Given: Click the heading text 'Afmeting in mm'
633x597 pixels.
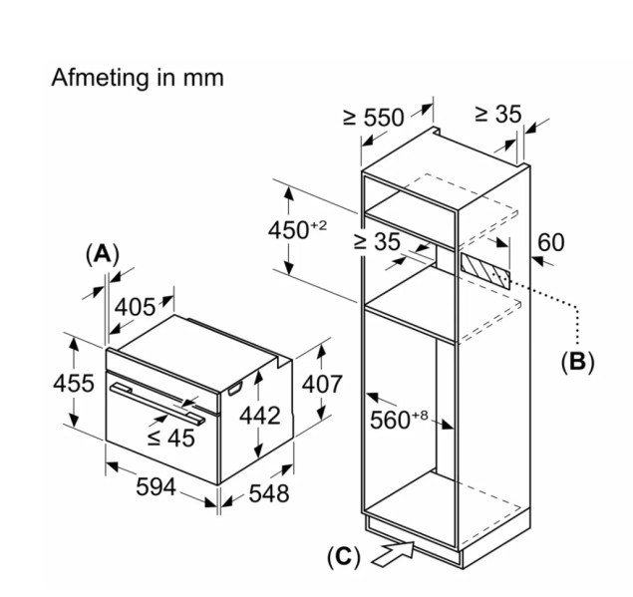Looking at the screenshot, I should point(138,78).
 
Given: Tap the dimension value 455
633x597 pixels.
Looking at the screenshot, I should point(74,383).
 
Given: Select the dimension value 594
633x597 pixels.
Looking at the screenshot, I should point(156,487).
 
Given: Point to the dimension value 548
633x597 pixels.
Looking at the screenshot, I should point(267,492).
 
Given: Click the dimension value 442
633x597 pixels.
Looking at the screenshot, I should point(260,416).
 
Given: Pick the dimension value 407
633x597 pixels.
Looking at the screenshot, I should point(321,384).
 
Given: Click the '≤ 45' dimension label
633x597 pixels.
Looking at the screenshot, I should point(170,437).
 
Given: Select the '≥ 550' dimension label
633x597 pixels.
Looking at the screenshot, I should point(373,118).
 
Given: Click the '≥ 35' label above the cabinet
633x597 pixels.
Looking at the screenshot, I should point(496,115).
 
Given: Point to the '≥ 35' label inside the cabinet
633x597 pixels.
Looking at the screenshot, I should point(376,241).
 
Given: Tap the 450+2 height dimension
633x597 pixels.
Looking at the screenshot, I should point(297,229).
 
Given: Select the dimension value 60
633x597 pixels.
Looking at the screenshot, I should point(550,242).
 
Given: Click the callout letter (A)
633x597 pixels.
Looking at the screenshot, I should point(102,254).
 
